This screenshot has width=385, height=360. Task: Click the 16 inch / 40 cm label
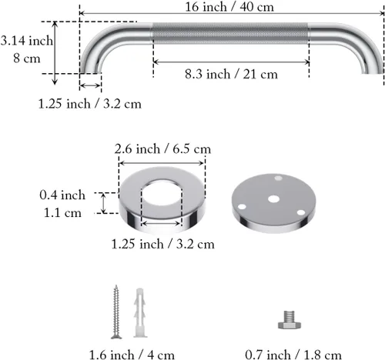229,7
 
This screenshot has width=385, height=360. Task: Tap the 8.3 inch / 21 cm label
231,75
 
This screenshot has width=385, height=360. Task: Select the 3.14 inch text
27,41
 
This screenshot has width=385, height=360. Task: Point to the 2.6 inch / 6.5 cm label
162,149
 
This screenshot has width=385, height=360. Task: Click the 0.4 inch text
62,195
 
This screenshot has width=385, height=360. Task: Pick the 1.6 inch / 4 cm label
132,355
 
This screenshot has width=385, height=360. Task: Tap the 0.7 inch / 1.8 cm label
293,355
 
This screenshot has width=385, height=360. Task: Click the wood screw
116,312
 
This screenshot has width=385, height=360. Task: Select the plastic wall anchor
140,312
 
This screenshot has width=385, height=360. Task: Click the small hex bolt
290,320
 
